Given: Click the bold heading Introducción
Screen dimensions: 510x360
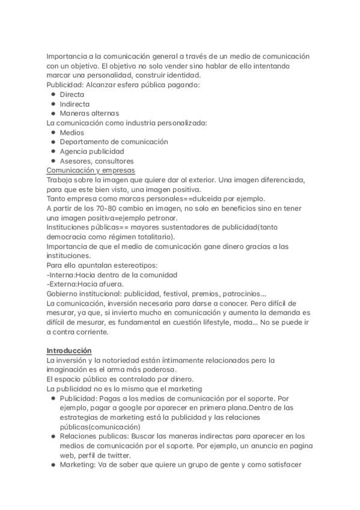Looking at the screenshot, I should pyautogui.click(x=69, y=350).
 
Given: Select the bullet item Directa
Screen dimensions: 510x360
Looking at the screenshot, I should pyautogui.click(x=72, y=94).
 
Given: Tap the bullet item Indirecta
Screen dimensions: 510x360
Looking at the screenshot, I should pyautogui.click(x=75, y=104).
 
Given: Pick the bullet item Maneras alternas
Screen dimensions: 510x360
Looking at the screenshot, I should pyautogui.click(x=90, y=113).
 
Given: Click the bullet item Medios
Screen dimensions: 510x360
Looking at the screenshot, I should pyautogui.click(x=72, y=132).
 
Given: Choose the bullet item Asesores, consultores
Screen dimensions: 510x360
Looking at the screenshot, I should pyautogui.click(x=97, y=161).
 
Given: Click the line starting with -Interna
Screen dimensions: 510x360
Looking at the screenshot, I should pyautogui.click(x=111, y=274).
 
